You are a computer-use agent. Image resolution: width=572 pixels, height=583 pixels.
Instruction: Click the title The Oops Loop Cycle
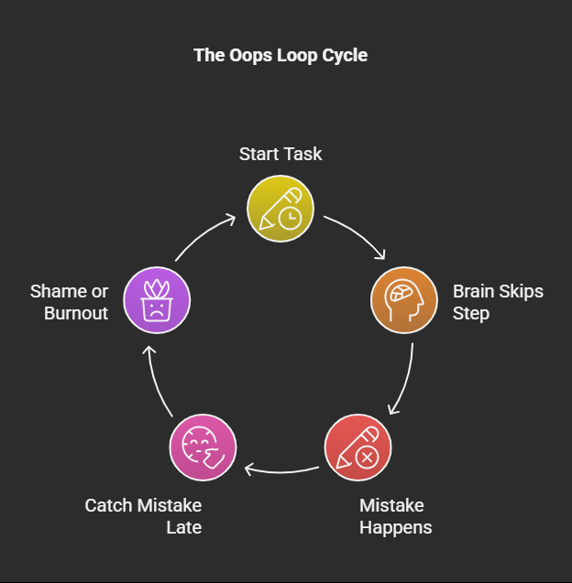click(x=280, y=55)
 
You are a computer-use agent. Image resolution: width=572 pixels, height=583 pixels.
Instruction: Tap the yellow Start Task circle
click(x=280, y=209)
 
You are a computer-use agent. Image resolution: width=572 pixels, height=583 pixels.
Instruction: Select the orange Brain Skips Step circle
click(x=403, y=300)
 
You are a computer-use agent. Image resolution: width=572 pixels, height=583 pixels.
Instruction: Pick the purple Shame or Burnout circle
click(x=157, y=300)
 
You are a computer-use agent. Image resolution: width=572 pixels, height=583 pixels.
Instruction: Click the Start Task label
click(x=280, y=154)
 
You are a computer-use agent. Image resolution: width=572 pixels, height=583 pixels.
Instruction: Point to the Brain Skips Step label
click(x=497, y=302)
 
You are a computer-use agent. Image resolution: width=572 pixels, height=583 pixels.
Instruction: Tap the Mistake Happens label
click(x=395, y=516)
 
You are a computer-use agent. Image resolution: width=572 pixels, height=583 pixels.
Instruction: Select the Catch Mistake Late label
click(x=143, y=516)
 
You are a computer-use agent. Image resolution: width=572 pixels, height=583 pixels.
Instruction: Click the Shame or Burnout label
click(x=69, y=302)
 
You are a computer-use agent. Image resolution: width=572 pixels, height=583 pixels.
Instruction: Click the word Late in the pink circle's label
click(x=183, y=527)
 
